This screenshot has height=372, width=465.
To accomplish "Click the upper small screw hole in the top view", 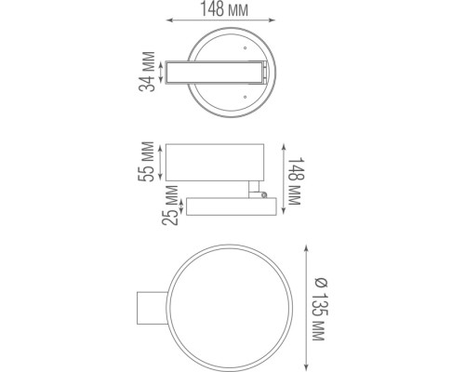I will (246, 46).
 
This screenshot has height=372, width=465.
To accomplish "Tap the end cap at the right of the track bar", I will (266, 73).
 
